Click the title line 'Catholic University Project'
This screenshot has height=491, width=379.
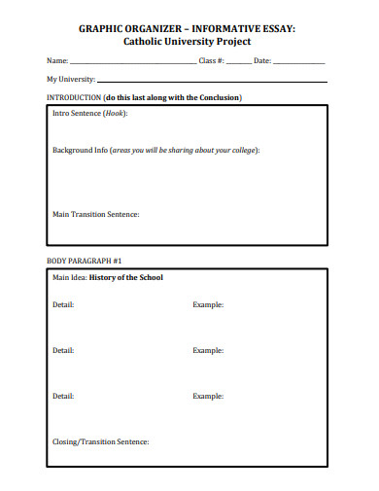coord(187,42)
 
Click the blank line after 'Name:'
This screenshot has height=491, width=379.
coord(132,63)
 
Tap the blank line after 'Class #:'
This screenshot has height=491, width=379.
coord(239,63)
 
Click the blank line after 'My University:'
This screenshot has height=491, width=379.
coord(211,81)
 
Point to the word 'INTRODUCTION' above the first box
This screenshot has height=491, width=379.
coord(73,98)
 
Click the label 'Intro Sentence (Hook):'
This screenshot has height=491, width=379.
coord(89,113)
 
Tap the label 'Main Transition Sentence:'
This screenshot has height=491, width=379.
coord(96,214)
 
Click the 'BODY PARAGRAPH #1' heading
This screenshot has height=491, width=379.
coord(83,262)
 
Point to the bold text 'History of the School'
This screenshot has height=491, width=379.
coord(126,277)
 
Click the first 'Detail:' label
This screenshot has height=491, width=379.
coord(63,305)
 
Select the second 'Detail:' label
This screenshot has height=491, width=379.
coord(63,350)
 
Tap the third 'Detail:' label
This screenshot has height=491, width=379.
coord(63,396)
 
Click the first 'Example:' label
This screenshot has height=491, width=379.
coord(208,305)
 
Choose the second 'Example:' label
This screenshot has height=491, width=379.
coord(208,350)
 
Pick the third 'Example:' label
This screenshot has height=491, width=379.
coord(208,396)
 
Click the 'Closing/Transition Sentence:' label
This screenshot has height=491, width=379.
coord(100,442)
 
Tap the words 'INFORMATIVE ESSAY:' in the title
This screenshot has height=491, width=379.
coord(249,29)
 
